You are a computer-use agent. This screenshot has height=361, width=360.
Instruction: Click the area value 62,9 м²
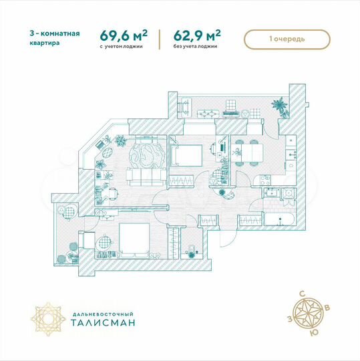pyautogui.click(x=197, y=35)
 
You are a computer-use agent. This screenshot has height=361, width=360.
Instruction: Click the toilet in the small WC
pyautogui.click(x=191, y=250)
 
